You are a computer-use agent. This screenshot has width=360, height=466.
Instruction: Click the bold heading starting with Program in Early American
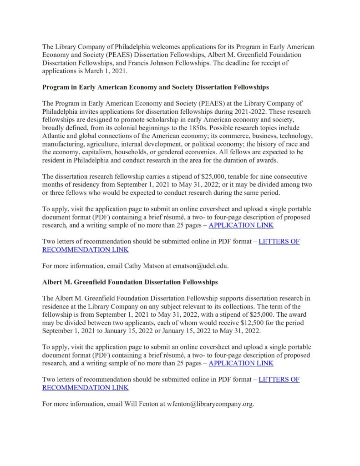tap(155, 87)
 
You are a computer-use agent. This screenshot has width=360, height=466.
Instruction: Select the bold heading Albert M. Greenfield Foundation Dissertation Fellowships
tap(130, 282)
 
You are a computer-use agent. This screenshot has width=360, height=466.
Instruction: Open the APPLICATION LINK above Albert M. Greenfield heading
tap(241, 225)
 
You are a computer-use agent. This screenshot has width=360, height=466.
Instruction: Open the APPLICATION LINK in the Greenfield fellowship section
tap(241, 363)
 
